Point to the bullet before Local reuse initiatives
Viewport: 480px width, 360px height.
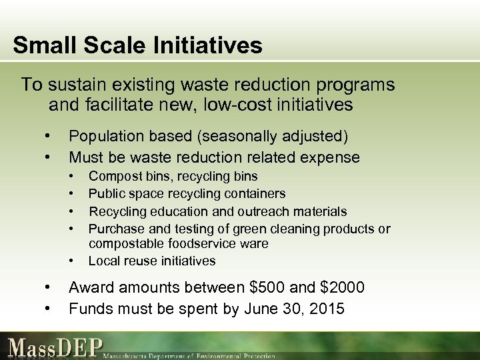(71, 260)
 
